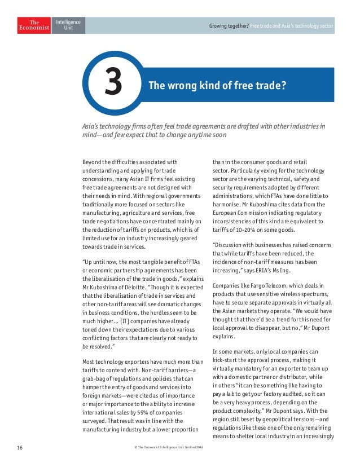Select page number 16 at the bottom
click(20, 447)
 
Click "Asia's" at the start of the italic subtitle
click(94, 126)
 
